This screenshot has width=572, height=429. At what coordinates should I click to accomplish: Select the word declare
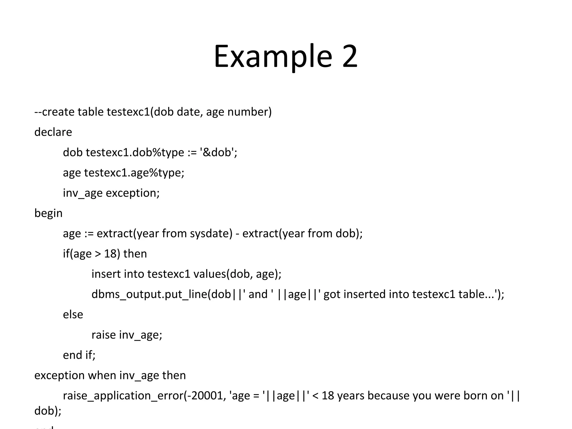[53, 132]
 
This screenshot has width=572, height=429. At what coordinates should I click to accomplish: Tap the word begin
[48, 213]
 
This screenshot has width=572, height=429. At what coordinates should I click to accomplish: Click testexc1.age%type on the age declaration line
[134, 173]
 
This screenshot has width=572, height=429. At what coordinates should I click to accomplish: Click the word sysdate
[211, 233]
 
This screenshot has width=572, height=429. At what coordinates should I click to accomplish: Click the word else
[73, 315]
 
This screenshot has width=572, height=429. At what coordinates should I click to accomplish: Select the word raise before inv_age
[103, 335]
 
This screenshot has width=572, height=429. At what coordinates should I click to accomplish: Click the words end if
[79, 355]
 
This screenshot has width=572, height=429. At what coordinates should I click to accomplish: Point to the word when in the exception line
[102, 375]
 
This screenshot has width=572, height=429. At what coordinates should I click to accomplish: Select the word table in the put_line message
[472, 294]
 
